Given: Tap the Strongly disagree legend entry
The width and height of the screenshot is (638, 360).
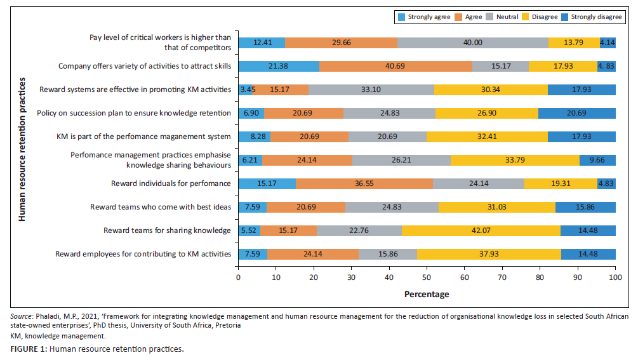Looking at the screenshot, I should [x=595, y=17].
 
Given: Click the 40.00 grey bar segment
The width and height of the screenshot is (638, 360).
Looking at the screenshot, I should [x=472, y=43].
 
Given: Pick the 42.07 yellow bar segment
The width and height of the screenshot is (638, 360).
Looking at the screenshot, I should [x=481, y=230].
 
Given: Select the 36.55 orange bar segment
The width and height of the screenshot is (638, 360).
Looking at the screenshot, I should [x=364, y=183].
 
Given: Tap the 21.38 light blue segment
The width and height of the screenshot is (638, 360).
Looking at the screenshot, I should [x=279, y=66].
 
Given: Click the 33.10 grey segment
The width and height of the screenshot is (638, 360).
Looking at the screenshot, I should [x=371, y=90].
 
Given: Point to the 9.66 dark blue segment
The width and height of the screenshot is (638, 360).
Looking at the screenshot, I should [x=597, y=160].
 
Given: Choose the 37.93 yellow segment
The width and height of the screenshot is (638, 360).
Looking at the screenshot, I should [x=489, y=254].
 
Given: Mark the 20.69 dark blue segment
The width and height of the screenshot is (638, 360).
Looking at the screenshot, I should [x=576, y=113].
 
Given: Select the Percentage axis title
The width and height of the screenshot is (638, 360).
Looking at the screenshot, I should [x=427, y=294].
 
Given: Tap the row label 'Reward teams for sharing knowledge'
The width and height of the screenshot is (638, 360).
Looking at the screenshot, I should [x=168, y=230].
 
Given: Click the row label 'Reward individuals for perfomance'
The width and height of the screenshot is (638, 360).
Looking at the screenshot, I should [x=171, y=183].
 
